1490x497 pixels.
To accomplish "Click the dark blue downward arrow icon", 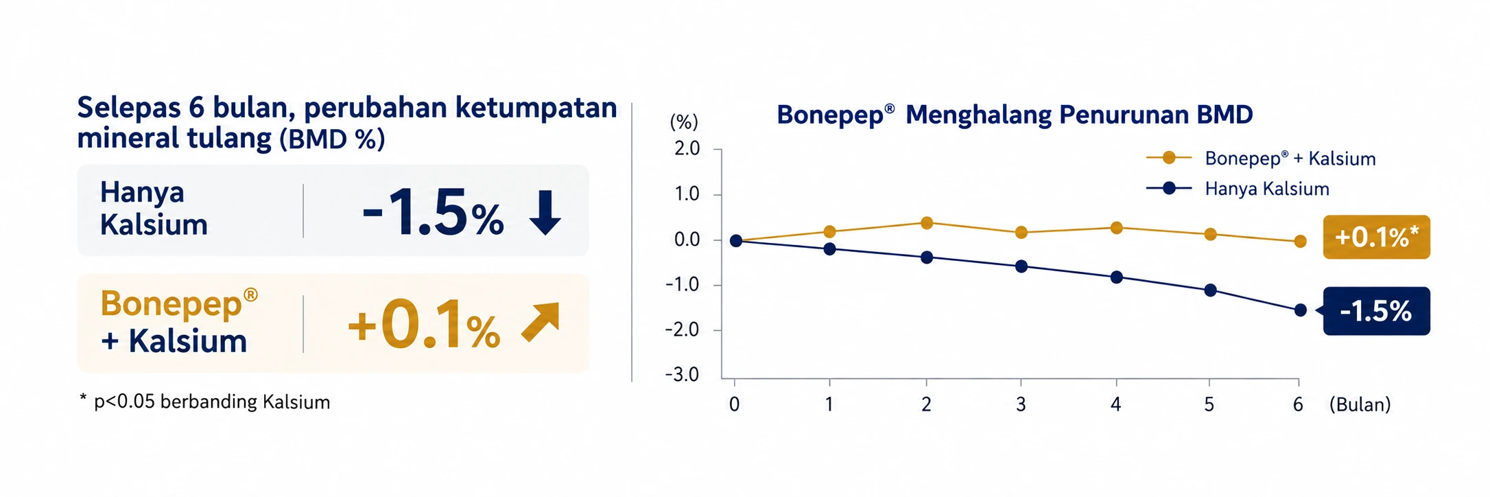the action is [x=545, y=213].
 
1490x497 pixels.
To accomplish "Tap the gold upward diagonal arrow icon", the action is [x=541, y=322].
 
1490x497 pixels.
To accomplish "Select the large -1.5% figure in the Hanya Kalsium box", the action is [x=432, y=213].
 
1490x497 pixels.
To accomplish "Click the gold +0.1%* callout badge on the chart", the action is [x=1376, y=237].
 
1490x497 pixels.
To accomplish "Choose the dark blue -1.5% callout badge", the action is [x=1375, y=311].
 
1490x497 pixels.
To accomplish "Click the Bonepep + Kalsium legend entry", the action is [x=1261, y=159].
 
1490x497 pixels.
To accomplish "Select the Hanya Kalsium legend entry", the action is [x=1238, y=188].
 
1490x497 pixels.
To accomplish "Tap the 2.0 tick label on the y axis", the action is [x=687, y=149].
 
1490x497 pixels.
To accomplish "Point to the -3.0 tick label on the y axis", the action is [x=683, y=375].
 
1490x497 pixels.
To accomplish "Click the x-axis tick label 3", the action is [x=1021, y=404].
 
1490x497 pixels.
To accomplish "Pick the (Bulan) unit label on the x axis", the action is [x=1360, y=404].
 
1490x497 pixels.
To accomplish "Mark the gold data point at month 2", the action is [x=927, y=222].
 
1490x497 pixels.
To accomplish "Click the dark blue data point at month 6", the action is [x=1300, y=310].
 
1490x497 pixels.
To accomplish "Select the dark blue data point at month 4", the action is [x=1116, y=277].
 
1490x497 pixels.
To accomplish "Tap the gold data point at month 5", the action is [x=1210, y=234].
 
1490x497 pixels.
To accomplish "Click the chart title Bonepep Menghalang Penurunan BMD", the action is [x=1015, y=115].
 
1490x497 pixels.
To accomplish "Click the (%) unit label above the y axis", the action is [x=684, y=122].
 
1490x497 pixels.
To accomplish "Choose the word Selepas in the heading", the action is [x=130, y=108].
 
